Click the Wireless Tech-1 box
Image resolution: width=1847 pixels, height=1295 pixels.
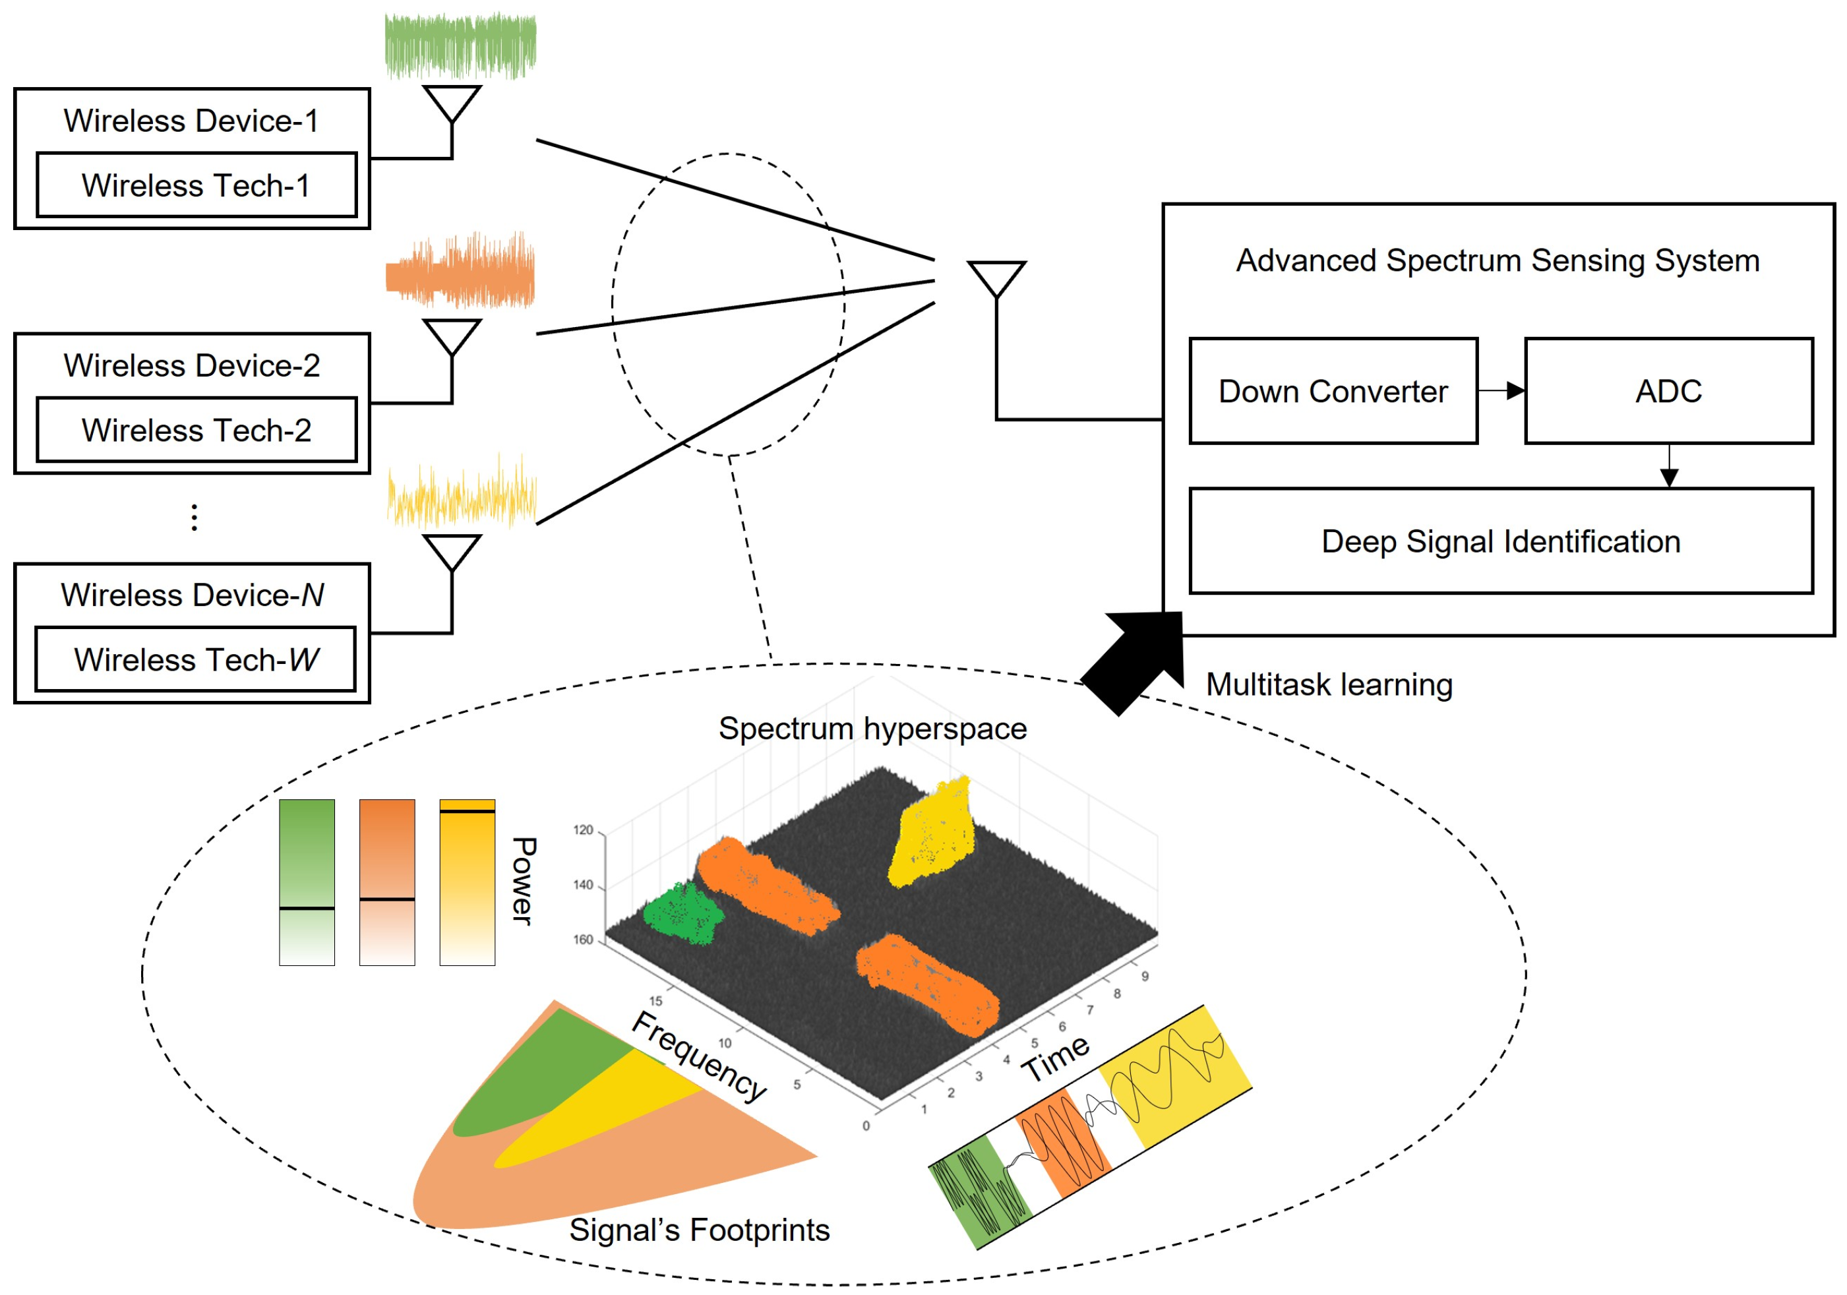pyautogui.click(x=197, y=185)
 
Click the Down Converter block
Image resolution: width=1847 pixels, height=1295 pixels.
pyautogui.click(x=1333, y=391)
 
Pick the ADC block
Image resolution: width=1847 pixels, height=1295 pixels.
pyautogui.click(x=1668, y=391)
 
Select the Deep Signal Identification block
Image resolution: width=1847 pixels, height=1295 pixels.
pyautogui.click(x=1500, y=541)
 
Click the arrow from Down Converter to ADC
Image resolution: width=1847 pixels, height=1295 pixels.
pyautogui.click(x=1501, y=391)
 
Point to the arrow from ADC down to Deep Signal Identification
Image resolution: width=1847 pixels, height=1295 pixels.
pyautogui.click(x=1668, y=467)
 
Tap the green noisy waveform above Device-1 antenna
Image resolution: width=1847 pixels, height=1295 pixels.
pyautogui.click(x=460, y=46)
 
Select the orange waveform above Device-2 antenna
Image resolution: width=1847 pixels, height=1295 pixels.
pyautogui.click(x=460, y=272)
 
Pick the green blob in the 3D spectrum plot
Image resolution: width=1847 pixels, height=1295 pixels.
pyautogui.click(x=682, y=915)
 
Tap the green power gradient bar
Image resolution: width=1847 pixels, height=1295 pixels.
pyautogui.click(x=307, y=882)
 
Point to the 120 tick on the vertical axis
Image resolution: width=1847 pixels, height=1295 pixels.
pyautogui.click(x=582, y=830)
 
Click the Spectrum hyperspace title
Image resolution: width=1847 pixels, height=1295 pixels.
pyautogui.click(x=872, y=729)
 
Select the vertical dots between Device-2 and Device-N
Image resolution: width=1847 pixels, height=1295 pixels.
pyautogui.click(x=194, y=517)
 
